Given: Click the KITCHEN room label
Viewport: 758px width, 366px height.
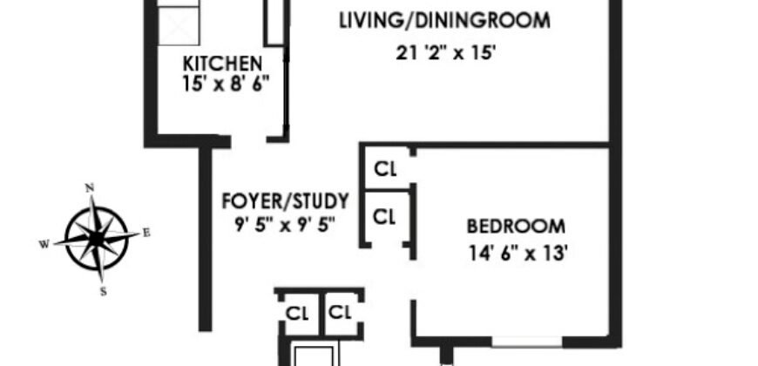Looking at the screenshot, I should click(222, 64).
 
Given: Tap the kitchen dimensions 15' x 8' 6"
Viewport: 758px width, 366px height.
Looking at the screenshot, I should click(222, 84).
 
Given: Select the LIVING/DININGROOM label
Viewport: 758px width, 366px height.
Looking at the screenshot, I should click(444, 20).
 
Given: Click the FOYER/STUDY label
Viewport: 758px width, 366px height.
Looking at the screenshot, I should click(285, 202).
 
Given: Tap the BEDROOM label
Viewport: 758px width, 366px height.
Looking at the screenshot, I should click(516, 227).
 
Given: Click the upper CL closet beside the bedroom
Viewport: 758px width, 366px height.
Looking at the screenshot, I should click(385, 169).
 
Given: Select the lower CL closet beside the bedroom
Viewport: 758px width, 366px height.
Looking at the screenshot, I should click(385, 213).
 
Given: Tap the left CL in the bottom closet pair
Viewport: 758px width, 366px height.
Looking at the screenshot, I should click(297, 311).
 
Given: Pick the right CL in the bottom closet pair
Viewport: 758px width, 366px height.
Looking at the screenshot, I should click(339, 311).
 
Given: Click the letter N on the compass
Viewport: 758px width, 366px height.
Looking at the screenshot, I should click(89, 187).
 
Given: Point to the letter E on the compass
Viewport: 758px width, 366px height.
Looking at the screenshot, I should click(146, 232).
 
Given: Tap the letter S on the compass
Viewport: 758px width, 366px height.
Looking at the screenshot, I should click(103, 293).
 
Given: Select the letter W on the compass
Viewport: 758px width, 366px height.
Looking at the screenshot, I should click(43, 244).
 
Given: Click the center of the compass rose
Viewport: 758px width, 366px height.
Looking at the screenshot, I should click(96, 238).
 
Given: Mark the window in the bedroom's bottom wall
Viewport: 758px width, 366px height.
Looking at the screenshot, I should click(526, 336).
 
